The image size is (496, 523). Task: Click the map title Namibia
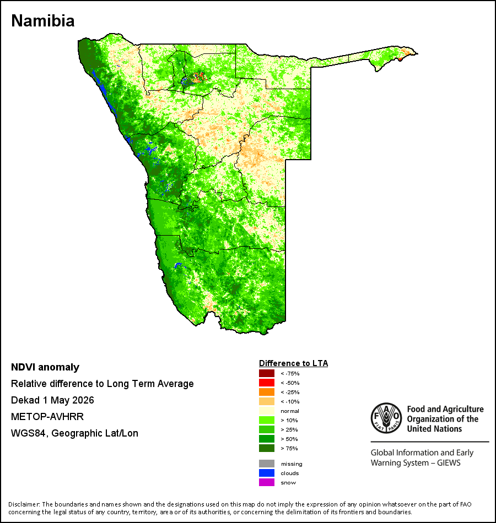[x=43, y=21]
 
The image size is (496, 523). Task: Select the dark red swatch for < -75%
[x=267, y=373]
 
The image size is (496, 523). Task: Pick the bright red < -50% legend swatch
[x=267, y=383]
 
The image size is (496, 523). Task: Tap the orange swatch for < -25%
[x=267, y=392]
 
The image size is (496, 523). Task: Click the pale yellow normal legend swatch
[x=267, y=411]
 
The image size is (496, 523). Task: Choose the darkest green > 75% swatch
[x=267, y=448]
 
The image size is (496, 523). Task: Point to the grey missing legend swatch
[x=267, y=464]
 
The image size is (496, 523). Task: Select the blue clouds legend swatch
[x=267, y=473]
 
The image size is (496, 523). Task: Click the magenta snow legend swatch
[x=267, y=482]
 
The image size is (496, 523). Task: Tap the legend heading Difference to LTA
[x=293, y=363]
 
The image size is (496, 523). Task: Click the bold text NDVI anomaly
[x=45, y=367]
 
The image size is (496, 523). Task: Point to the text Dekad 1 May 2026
[x=52, y=400]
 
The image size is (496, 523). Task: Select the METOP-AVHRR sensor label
[x=47, y=417]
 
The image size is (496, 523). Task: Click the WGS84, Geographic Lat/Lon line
[x=74, y=433]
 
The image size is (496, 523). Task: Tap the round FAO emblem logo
[x=386, y=418]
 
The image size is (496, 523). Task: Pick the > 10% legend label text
[x=289, y=420]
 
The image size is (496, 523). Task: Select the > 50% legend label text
[x=289, y=439]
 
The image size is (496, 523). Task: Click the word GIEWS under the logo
[x=449, y=463]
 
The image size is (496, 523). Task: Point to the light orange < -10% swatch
[x=267, y=401]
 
